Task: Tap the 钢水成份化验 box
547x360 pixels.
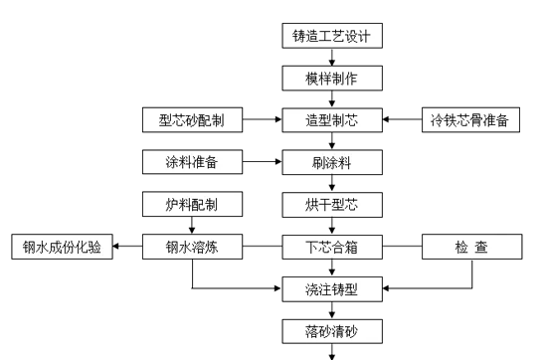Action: click(60, 245)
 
